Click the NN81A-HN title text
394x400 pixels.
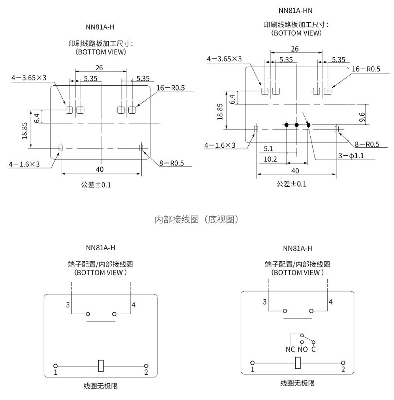click(296, 10)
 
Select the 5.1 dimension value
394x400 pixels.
click(268, 149)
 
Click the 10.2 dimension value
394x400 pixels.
click(270, 159)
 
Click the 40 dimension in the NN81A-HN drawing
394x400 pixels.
click(295, 171)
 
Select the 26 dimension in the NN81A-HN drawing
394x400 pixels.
click(295, 49)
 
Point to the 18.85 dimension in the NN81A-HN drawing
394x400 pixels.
click(220, 111)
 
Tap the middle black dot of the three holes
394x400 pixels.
click(296, 125)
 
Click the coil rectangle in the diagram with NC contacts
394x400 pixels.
click(298, 362)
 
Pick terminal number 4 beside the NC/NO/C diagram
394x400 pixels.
click(330, 302)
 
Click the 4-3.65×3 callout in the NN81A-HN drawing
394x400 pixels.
click(224, 59)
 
